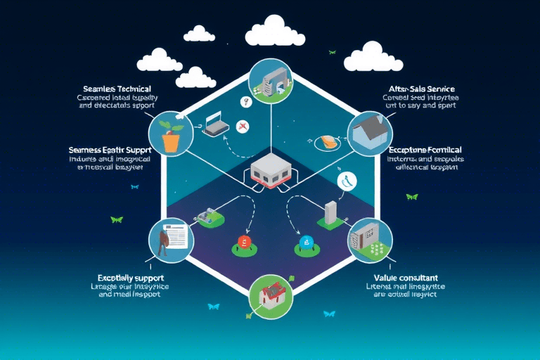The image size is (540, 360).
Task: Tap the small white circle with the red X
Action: [x=243, y=127]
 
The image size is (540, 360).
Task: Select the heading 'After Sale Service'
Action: [x=421, y=89]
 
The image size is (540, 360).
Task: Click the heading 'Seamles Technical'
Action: [x=116, y=89]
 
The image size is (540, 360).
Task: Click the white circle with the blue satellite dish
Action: [x=347, y=181]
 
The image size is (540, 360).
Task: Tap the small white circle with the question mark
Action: [x=245, y=102]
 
